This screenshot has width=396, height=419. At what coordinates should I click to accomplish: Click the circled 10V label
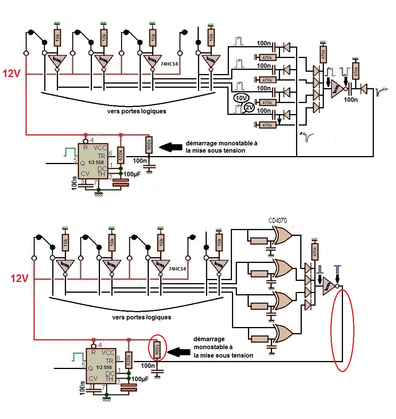click(x=241, y=98)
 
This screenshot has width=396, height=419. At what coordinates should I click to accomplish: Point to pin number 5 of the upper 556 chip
click(x=75, y=160)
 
